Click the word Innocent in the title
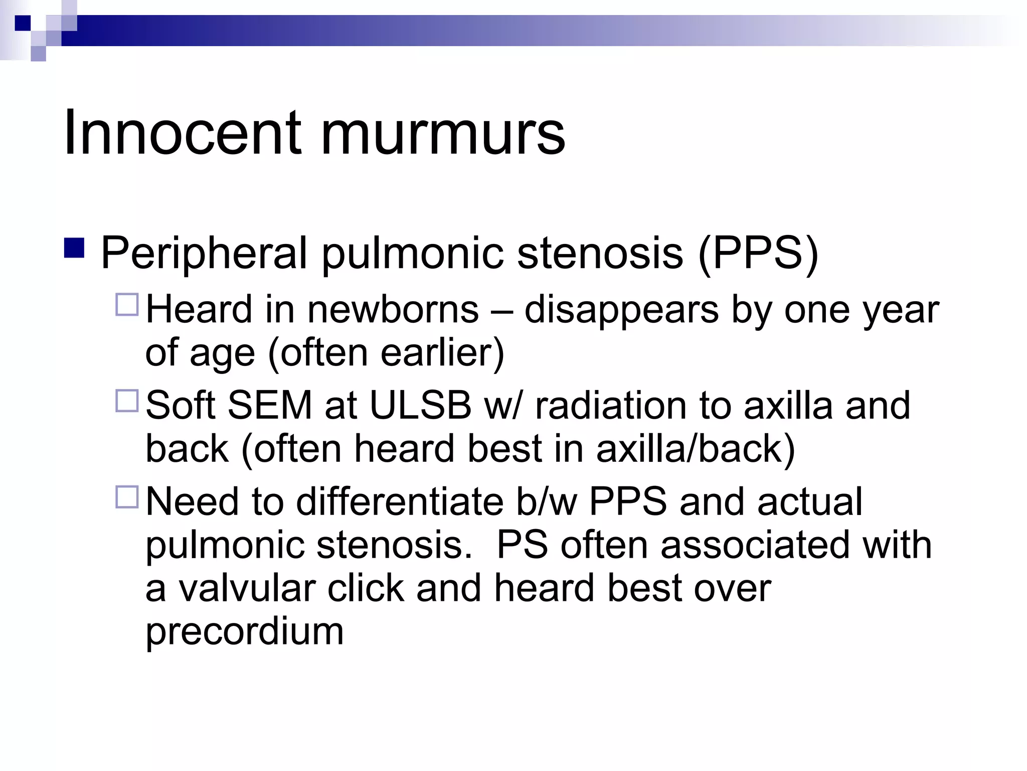(x=183, y=133)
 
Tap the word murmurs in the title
(x=443, y=134)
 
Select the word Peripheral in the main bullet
(x=204, y=252)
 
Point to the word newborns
(x=393, y=310)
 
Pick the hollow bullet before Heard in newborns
(x=126, y=304)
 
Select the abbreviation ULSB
(x=420, y=405)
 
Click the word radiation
(x=611, y=405)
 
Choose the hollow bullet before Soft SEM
(x=126, y=401)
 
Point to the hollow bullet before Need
(x=126, y=497)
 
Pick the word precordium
(x=244, y=631)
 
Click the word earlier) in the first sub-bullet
(x=442, y=353)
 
